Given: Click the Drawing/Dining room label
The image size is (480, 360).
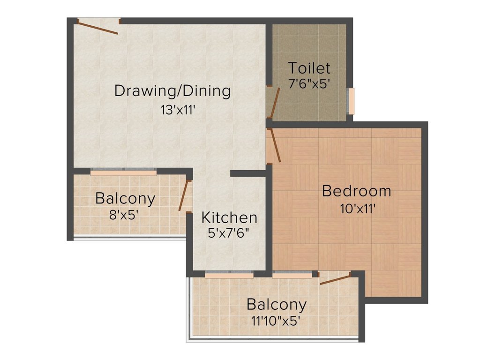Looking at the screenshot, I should click(x=172, y=90).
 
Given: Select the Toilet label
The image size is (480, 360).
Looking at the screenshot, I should click(x=309, y=68).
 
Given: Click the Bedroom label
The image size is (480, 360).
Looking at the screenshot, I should click(x=357, y=191).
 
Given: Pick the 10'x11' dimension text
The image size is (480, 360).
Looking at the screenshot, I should click(x=358, y=208).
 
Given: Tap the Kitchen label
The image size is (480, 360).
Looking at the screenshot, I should click(x=229, y=217).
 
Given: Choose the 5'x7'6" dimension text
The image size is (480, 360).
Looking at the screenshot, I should click(x=229, y=233).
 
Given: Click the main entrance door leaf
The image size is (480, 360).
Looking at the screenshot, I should click(x=98, y=28).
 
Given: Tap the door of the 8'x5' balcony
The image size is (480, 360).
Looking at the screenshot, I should click(x=183, y=195).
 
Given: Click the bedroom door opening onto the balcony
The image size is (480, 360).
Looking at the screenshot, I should click(x=335, y=279).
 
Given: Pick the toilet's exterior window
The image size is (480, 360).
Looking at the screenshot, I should click(x=350, y=101).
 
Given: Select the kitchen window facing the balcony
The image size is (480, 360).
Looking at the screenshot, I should click(x=229, y=275).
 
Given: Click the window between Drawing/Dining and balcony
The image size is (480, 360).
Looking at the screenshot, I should click(x=123, y=172).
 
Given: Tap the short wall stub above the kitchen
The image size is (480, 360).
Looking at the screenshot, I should click(x=248, y=173).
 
